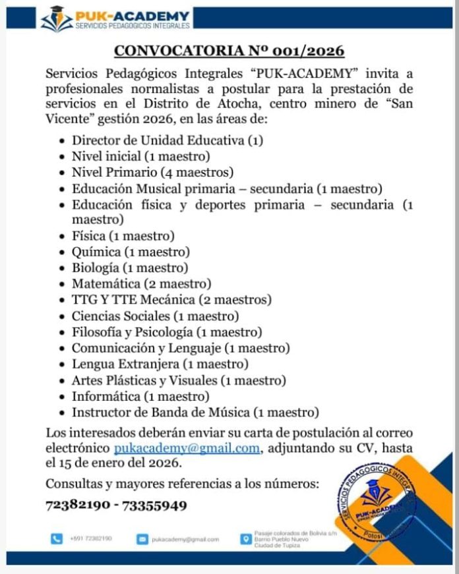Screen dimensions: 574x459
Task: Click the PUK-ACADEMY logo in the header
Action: click(x=116, y=18)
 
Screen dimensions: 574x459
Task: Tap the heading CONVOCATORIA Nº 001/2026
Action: click(x=229, y=51)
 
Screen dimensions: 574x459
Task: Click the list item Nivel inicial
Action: click(x=140, y=157)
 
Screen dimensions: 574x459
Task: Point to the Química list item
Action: click(x=131, y=252)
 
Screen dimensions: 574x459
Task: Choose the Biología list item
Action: click(x=130, y=268)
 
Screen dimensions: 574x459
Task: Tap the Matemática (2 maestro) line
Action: click(x=142, y=284)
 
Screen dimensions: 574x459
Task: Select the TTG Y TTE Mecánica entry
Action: click(x=171, y=300)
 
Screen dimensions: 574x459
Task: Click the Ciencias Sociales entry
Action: click(x=155, y=316)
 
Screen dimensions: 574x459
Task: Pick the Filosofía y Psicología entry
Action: click(x=167, y=332)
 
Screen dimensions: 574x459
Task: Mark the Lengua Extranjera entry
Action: click(x=160, y=364)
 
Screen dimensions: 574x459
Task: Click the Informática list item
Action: click(x=140, y=397)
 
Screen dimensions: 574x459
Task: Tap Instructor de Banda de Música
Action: click(x=195, y=413)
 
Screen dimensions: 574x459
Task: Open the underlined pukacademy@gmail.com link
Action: click(x=187, y=449)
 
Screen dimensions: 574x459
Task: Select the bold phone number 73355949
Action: click(x=158, y=506)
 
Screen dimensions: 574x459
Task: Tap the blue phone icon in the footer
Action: click(x=56, y=539)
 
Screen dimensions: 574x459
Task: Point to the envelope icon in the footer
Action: click(x=141, y=539)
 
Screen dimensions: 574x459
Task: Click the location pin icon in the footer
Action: click(x=244, y=539)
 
